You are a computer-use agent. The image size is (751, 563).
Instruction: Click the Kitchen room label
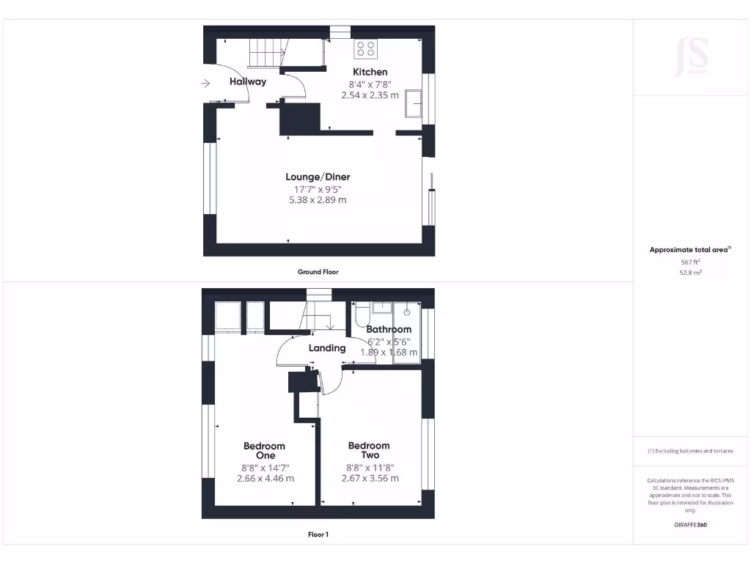370,72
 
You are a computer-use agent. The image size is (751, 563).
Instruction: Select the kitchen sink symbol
414,104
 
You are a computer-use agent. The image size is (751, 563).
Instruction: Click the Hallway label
248,81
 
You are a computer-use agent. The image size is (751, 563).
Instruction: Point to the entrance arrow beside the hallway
205,84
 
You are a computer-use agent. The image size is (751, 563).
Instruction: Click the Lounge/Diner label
318,177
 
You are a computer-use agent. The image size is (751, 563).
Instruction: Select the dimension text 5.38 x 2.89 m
318,199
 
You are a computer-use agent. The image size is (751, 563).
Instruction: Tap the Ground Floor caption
318,272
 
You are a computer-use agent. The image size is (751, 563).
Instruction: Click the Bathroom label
389,329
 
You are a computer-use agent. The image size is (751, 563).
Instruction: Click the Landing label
326,348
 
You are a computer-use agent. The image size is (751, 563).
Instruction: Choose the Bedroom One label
265,450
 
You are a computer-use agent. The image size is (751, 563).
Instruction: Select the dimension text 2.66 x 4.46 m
265,478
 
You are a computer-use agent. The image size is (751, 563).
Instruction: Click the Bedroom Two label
369,450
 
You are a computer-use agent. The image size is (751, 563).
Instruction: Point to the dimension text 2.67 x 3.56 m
370,478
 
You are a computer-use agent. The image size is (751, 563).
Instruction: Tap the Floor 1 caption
318,534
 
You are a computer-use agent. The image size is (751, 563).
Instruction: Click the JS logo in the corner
691,56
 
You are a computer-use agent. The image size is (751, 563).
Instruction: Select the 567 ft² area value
690,262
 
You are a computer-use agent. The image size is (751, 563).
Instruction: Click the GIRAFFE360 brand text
690,525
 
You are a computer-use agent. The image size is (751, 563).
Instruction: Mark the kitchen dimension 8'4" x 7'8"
370,84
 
